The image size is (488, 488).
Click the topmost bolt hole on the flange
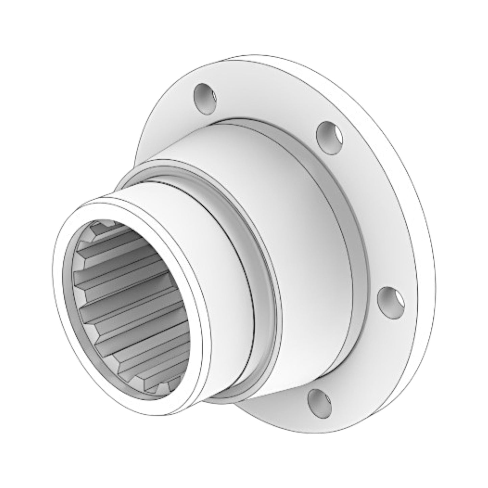(205, 98)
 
